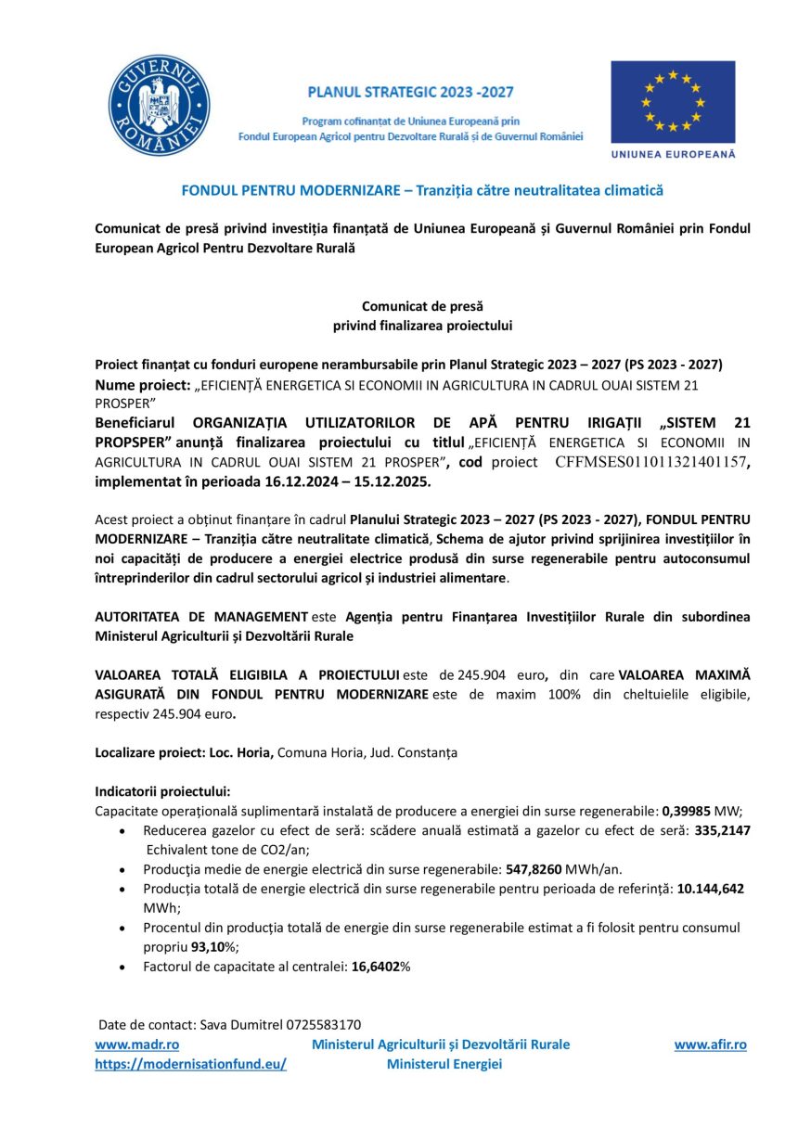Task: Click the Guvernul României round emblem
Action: click(157, 106)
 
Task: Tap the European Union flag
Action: click(673, 102)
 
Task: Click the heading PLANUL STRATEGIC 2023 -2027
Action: click(410, 93)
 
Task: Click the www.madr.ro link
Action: click(124, 1045)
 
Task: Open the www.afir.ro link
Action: click(710, 1045)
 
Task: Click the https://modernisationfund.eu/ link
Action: click(190, 1064)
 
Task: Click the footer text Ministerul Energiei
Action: click(444, 1064)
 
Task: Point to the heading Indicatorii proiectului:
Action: click(162, 791)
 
